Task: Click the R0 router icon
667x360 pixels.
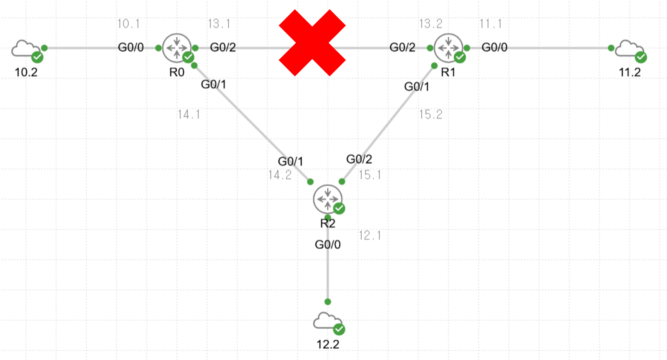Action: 177,48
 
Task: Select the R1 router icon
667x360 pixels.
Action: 448,48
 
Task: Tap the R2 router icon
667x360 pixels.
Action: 328,199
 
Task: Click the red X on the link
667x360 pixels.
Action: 312,43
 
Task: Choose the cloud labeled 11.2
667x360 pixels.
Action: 629,49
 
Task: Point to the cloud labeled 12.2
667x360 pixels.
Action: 328,321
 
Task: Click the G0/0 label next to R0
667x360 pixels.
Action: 131,48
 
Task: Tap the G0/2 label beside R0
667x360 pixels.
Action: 223,48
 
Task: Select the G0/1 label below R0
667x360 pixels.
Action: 213,84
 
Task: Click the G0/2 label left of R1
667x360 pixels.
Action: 402,48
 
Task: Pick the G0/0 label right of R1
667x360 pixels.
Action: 494,48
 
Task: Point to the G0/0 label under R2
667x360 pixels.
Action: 328,245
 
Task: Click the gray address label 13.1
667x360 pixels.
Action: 219,24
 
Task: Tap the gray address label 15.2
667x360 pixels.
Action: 430,114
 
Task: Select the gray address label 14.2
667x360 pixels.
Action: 280,175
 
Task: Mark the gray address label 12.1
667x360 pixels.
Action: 370,235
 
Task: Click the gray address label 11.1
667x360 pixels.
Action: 490,24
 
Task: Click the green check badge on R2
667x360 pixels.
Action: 339,208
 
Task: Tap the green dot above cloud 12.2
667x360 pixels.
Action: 328,302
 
